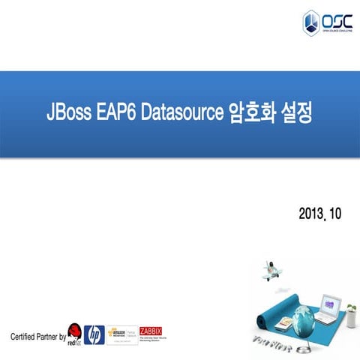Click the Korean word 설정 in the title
coord(295,115)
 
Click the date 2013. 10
coord(319,214)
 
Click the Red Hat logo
coord(74,334)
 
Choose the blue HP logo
coord(94,334)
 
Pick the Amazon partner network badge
coord(121,334)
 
